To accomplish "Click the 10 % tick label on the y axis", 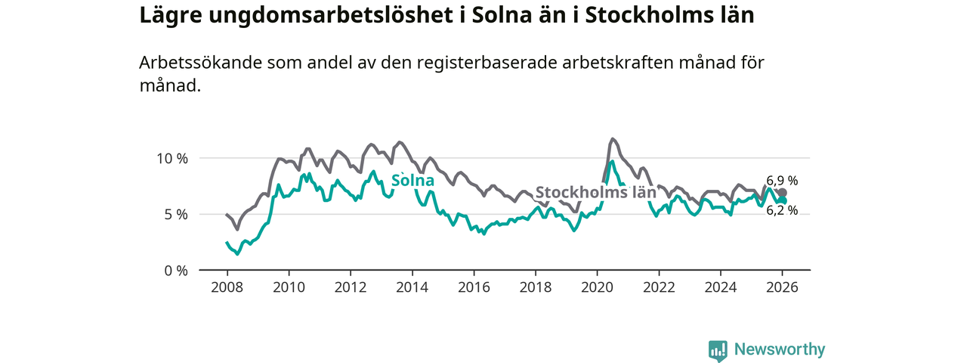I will click(x=171, y=158).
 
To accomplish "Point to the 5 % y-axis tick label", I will click(x=175, y=214).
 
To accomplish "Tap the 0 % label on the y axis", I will click(x=175, y=270).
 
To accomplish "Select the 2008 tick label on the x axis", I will click(x=227, y=287).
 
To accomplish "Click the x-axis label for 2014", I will click(x=412, y=287).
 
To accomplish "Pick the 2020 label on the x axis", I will click(x=597, y=287).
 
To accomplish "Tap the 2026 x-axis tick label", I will click(x=783, y=287).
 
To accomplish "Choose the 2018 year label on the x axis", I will click(x=536, y=287).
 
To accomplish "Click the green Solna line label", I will click(x=412, y=181).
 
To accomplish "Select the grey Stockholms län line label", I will click(x=595, y=192).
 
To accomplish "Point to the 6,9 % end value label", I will click(x=782, y=181).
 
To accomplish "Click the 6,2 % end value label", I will click(x=782, y=211).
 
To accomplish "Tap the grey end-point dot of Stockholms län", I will click(x=783, y=193).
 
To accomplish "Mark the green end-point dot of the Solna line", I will click(x=783, y=200).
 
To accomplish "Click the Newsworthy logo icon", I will click(x=717, y=350).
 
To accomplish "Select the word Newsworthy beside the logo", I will click(x=780, y=349).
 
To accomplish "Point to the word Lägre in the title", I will click(x=165, y=16).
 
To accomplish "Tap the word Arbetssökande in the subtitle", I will click(x=199, y=63).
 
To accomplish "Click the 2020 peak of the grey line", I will click(x=613, y=138).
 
